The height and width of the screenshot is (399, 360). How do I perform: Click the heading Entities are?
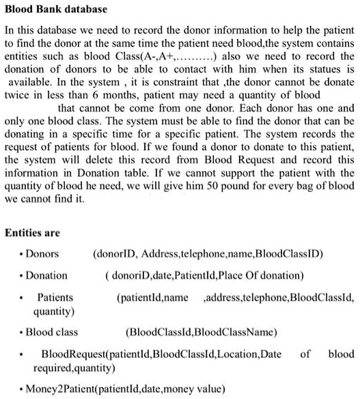click(x=32, y=233)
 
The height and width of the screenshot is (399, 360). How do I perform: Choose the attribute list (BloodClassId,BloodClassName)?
click(x=202, y=333)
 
